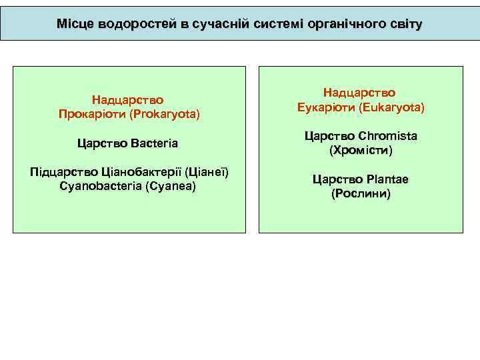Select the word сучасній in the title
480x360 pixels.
218,24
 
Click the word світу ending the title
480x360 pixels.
402,24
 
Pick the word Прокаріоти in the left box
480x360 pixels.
92,114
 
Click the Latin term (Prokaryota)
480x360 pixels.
165,114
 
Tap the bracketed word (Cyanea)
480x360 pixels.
169,186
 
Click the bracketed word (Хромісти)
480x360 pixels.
361,151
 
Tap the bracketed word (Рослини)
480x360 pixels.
361,194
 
